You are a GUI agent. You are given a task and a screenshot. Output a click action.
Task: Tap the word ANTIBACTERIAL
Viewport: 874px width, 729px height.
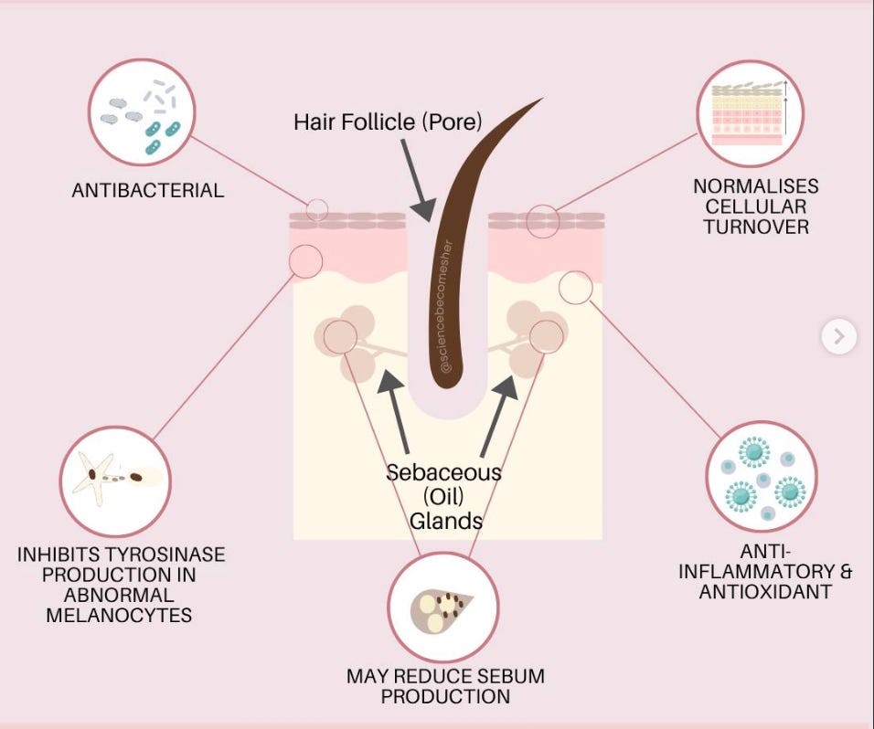pyautogui.click(x=148, y=191)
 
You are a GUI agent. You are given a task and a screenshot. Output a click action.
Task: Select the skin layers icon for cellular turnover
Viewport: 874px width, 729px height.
pyautogui.click(x=750, y=114)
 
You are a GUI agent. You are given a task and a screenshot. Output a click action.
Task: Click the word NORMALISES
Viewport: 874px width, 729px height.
pyautogui.click(x=755, y=186)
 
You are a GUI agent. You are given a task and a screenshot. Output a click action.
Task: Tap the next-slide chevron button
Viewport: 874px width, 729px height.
pyautogui.click(x=838, y=337)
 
